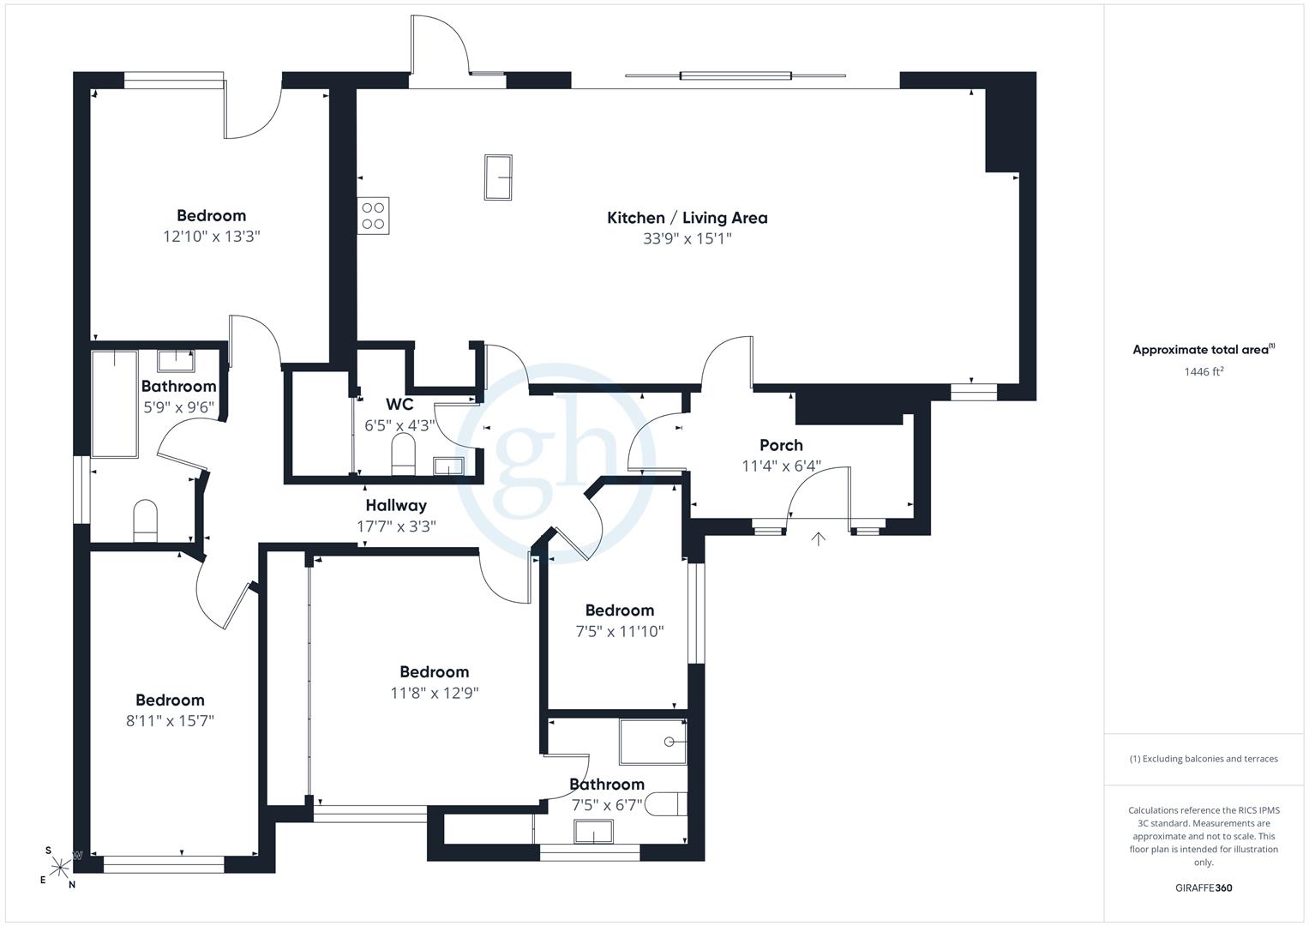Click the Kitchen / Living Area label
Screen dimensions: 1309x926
[x=688, y=218]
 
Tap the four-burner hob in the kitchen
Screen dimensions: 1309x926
[x=374, y=216]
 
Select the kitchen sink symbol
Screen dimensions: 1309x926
[x=498, y=177]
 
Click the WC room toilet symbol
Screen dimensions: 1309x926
[x=403, y=454]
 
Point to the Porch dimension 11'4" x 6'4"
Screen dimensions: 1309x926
[x=781, y=466]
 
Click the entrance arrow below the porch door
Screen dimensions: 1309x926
[x=818, y=539]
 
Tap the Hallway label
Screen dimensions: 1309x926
[x=396, y=506]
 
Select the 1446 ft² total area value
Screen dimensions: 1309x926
[x=1204, y=371]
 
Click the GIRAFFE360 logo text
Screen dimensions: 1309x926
[x=1204, y=887]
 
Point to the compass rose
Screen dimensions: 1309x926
[x=60, y=867]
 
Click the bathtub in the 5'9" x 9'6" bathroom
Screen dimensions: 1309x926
[x=115, y=404]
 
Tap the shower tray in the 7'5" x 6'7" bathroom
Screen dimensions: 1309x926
[x=653, y=742]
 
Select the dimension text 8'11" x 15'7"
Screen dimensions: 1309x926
[x=170, y=721]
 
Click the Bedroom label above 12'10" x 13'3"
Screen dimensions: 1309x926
[x=212, y=216]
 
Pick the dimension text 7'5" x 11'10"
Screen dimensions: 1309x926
[x=620, y=631]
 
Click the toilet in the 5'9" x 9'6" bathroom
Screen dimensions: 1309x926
[x=146, y=521]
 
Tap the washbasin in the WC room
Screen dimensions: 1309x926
[x=448, y=466]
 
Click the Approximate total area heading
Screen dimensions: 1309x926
[x=1204, y=350]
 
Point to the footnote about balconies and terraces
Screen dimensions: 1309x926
[x=1204, y=759]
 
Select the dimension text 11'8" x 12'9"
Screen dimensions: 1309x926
[x=435, y=693]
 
